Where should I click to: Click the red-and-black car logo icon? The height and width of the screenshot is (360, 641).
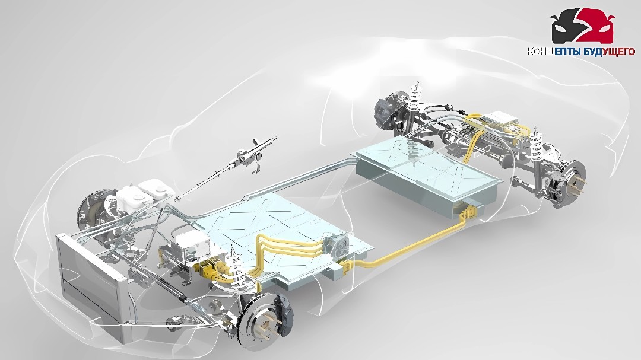(582, 28)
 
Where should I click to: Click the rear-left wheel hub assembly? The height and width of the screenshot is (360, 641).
(386, 112)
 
